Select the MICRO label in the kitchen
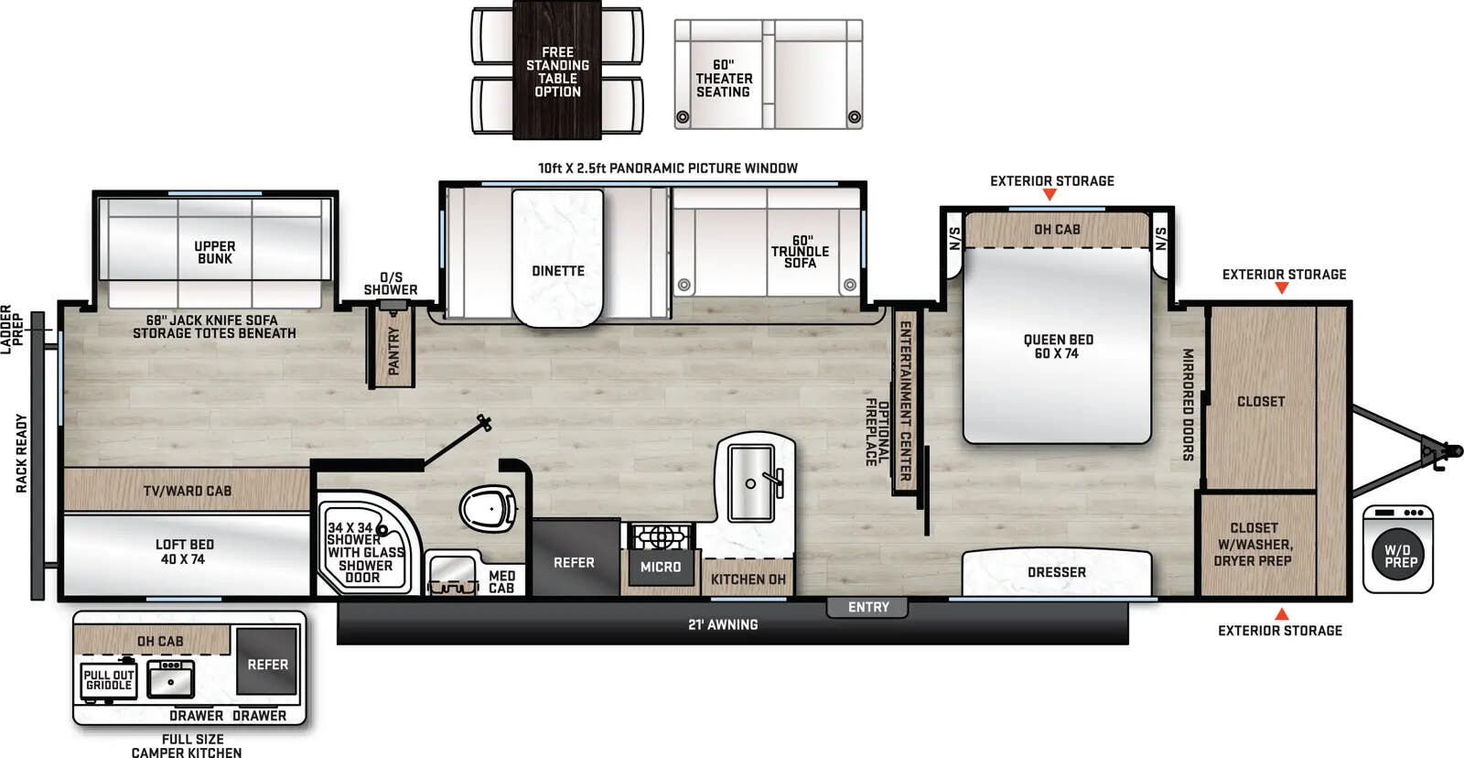tap(660, 568)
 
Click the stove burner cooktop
tap(659, 536)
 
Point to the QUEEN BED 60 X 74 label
tap(1058, 346)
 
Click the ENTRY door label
tap(867, 607)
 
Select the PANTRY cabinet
tap(393, 349)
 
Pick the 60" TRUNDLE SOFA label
tap(800, 252)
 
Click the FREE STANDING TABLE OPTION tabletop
tap(557, 71)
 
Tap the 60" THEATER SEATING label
tap(724, 79)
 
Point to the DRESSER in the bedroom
tap(1056, 572)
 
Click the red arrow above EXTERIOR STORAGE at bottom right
tap(1281, 613)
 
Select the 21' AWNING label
tap(723, 624)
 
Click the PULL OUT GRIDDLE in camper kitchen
tap(109, 680)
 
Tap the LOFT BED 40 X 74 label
tap(184, 551)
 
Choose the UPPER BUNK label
tap(215, 253)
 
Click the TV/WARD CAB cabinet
tap(187, 491)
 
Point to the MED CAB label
tap(501, 582)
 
